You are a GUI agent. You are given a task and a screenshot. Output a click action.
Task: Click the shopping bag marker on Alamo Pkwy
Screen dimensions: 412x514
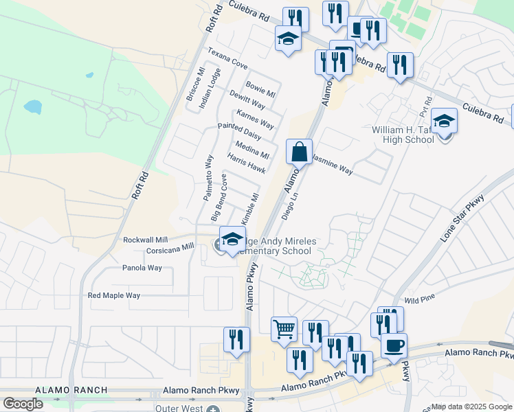(x=299, y=152)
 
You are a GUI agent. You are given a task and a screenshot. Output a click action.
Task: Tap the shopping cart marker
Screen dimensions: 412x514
(x=284, y=330)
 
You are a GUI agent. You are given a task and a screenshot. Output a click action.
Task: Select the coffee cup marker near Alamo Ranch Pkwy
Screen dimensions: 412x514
(x=394, y=345)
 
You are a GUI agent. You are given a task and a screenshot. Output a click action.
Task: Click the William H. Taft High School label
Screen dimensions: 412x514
(x=403, y=135)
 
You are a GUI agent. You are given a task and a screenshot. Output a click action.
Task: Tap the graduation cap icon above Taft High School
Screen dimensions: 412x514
(x=445, y=122)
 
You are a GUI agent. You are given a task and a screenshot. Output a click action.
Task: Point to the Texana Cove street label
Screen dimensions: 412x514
(x=227, y=63)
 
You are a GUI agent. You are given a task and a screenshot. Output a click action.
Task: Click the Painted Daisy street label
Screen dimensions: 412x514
(x=239, y=131)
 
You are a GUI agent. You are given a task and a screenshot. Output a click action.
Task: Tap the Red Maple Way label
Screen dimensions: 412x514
(x=114, y=295)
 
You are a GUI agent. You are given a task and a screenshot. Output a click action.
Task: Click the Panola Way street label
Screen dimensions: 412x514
(x=142, y=268)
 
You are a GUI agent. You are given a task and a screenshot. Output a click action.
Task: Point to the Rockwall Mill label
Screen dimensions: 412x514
(x=146, y=240)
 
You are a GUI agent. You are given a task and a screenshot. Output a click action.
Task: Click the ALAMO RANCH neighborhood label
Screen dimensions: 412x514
(x=71, y=390)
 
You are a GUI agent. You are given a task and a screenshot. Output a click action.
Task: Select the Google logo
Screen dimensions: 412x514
(x=23, y=404)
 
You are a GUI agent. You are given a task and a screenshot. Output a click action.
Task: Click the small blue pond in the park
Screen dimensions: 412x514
(x=32, y=107)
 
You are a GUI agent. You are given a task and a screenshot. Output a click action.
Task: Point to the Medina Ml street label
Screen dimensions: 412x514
(x=252, y=150)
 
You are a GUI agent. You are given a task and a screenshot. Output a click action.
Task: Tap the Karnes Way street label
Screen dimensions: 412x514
(x=255, y=119)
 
